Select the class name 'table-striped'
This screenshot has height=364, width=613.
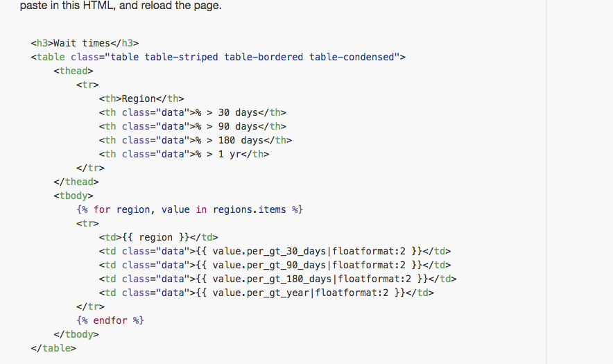tap(181, 57)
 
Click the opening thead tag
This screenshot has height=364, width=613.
tap(73, 71)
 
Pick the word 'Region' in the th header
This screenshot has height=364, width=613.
tap(139, 98)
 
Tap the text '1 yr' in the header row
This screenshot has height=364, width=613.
tap(230, 154)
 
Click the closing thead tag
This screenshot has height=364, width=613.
tap(76, 182)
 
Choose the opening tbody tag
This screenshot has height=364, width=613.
tap(73, 196)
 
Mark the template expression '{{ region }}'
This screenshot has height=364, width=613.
tap(164, 237)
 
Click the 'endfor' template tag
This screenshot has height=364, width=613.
tap(110, 320)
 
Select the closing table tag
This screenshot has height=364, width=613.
tap(53, 348)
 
